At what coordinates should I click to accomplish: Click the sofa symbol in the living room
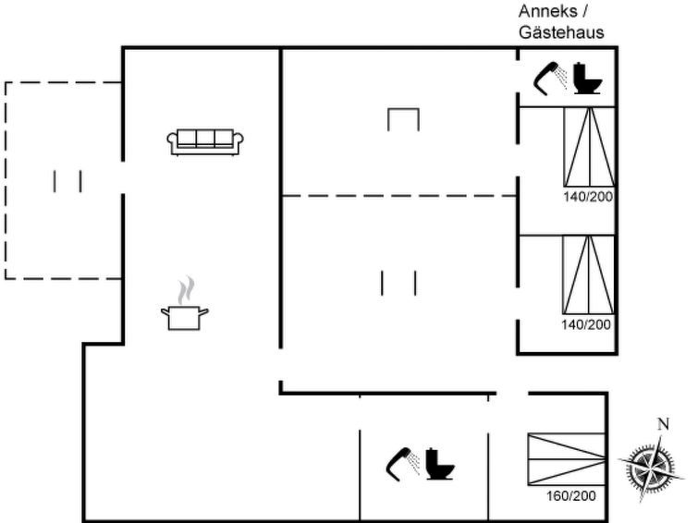point(205,140)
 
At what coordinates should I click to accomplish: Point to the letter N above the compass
point(661,424)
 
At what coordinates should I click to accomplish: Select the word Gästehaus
point(561,32)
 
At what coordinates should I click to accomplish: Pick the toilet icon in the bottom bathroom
point(440,463)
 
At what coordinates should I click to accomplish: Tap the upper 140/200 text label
point(589,196)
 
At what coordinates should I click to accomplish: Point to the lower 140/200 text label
point(586,324)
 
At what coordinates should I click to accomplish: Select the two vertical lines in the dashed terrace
point(67,181)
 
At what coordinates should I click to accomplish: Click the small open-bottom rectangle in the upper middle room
point(403,118)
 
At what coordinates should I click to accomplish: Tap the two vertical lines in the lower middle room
point(398,282)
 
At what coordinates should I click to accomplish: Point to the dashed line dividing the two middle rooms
point(398,196)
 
